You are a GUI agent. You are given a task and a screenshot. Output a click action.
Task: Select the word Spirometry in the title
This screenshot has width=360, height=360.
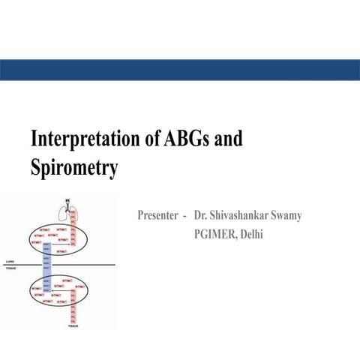(73, 167)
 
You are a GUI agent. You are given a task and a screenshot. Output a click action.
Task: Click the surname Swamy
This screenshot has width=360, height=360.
(285, 216)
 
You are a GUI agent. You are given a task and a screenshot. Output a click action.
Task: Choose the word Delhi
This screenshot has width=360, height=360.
(252, 234)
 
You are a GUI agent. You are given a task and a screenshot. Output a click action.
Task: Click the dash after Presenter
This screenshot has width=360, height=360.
(184, 216)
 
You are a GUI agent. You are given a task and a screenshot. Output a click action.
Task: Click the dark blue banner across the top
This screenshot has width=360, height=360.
(180, 70)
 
